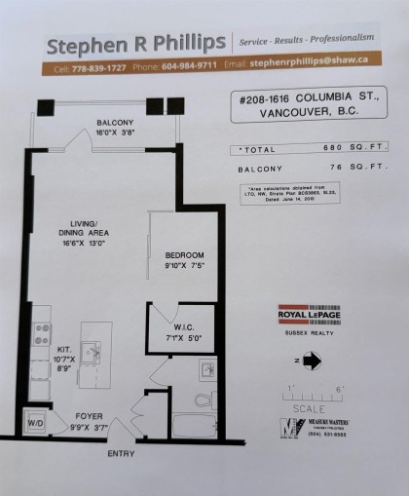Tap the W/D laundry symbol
36,422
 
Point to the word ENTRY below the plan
122,453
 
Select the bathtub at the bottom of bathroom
199,426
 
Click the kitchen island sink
95,349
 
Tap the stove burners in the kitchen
43,334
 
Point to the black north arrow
312,360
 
